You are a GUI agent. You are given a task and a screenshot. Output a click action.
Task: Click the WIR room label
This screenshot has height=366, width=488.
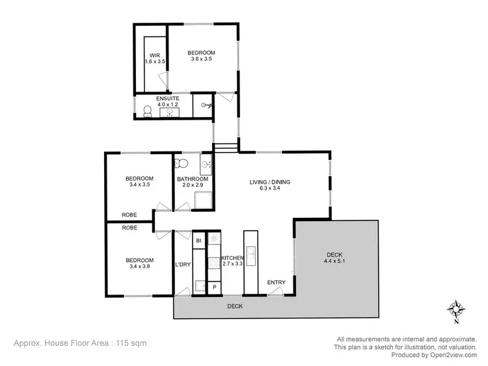coord(154,55)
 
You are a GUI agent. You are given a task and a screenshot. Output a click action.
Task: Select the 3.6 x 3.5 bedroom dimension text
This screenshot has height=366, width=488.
coord(201,59)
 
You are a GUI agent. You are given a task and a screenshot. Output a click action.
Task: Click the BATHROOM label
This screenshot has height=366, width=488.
coord(193,179)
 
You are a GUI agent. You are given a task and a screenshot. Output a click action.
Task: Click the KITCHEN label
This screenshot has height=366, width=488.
coord(232,259)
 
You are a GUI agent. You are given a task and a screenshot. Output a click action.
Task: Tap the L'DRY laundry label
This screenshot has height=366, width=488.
coord(183,265)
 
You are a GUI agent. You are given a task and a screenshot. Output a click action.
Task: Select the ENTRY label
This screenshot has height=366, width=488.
coord(277,282)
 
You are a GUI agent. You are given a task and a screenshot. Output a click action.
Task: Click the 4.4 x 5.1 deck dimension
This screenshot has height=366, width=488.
coord(334,261)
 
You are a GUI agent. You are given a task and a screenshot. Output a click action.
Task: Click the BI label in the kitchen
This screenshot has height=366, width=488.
coord(198,241)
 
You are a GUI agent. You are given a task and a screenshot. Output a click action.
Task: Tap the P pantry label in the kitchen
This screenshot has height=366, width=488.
coord(214,287)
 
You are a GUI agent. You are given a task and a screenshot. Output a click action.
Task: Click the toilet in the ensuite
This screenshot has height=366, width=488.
coord(146,112)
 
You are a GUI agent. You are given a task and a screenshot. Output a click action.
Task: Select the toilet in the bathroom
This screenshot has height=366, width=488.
coord(183,163)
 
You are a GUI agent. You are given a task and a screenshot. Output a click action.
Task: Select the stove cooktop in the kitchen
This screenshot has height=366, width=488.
coord(214,263)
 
